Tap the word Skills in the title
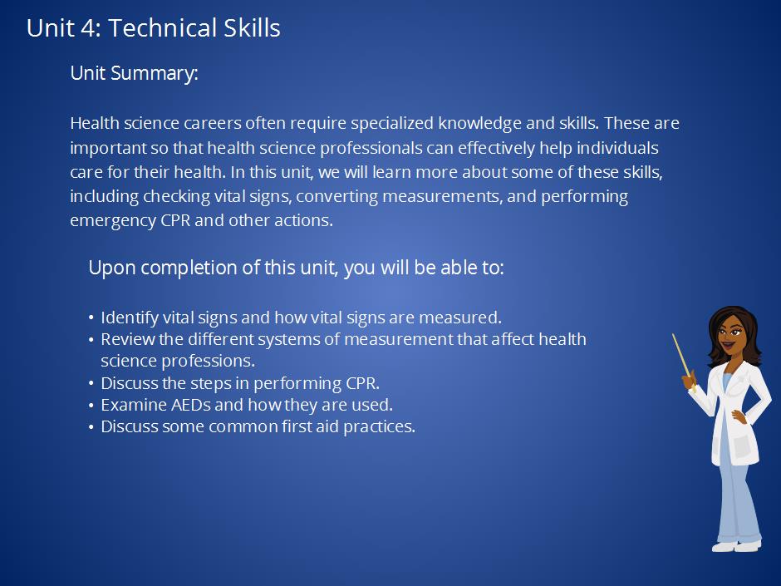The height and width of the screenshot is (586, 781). pos(252,27)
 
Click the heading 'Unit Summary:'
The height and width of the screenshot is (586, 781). pos(134,73)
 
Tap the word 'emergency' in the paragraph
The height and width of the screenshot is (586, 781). pos(113,220)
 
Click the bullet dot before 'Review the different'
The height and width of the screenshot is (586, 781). pos(91,340)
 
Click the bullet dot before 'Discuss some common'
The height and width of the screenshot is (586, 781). pos(91,427)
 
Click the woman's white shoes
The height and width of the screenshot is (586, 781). pos(738,546)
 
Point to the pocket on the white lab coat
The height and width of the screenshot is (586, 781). pos(744,445)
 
